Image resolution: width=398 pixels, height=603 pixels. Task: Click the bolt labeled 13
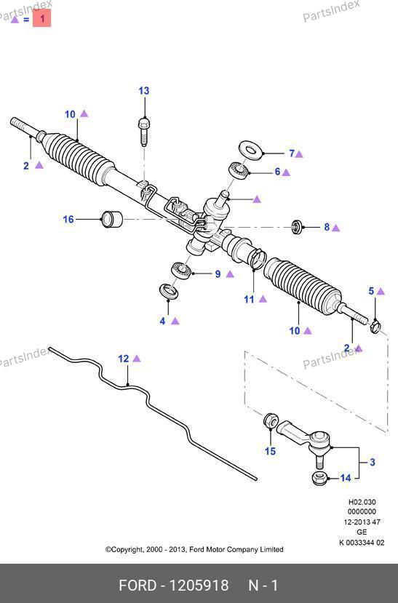143,132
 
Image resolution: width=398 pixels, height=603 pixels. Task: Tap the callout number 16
68,219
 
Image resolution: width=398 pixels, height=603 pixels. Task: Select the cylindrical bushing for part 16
111,219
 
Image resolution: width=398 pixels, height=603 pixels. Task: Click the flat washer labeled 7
251,149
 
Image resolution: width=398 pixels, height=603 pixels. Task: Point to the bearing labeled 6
239,170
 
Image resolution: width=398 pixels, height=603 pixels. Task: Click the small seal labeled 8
297,227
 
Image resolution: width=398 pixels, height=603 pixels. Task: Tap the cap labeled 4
169,291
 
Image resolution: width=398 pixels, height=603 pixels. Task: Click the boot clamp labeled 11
258,257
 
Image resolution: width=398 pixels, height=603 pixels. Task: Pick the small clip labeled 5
375,326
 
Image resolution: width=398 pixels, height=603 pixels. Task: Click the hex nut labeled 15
271,420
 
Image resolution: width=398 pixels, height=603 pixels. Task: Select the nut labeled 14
319,478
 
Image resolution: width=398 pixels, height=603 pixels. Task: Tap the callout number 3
373,462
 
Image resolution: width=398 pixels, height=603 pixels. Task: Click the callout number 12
124,359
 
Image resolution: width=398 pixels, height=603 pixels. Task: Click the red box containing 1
42,18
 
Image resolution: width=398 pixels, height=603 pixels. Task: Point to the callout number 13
144,91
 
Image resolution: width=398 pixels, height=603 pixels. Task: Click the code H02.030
362,502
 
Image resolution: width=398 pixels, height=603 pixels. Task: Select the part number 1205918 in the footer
199,586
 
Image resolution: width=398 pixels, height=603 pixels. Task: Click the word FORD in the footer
138,586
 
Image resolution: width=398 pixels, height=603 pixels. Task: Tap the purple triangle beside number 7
299,154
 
